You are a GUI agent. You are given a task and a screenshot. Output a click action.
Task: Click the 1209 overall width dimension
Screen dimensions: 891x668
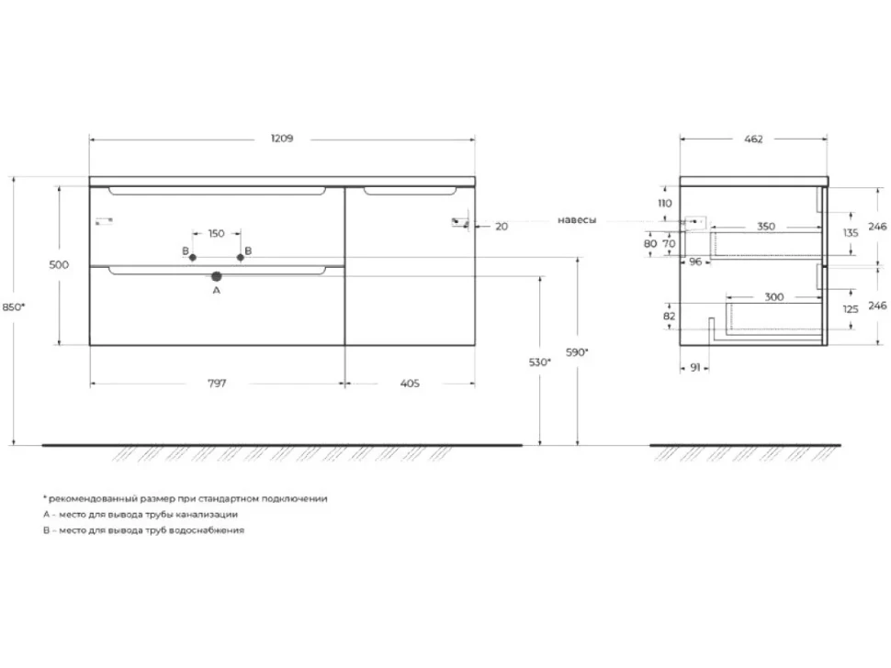tap(282, 139)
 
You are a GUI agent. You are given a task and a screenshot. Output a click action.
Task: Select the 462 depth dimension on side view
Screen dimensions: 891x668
tap(753, 139)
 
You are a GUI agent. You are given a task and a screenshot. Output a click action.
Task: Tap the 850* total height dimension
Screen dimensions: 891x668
tap(14, 307)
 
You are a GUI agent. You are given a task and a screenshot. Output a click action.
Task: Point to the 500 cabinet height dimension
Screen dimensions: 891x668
tap(59, 264)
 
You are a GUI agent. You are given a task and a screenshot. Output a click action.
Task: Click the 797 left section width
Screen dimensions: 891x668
tap(217, 384)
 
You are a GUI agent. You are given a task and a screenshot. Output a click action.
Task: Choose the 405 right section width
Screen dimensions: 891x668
tap(410, 384)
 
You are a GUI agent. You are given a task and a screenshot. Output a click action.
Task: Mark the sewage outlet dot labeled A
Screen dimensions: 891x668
tap(217, 276)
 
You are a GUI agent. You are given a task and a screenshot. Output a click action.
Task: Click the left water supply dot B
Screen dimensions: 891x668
tap(193, 258)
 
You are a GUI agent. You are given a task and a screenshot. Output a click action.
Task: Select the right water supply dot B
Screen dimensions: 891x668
tap(241, 258)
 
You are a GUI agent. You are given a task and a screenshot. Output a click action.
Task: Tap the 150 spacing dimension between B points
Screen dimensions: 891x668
tap(217, 233)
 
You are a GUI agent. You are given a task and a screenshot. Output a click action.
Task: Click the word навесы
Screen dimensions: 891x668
tap(577, 219)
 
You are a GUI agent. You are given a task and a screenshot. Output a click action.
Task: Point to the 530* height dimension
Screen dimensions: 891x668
tap(540, 362)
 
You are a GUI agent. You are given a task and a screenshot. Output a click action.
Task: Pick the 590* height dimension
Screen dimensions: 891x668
tap(578, 352)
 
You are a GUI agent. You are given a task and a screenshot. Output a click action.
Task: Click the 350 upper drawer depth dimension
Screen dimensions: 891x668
tap(766, 227)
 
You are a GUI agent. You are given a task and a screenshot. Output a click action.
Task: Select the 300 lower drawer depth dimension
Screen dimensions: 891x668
tap(774, 296)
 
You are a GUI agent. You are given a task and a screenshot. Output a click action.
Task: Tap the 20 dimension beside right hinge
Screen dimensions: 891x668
tap(502, 227)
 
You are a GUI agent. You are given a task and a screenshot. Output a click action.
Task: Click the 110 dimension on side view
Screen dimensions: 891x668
tap(664, 203)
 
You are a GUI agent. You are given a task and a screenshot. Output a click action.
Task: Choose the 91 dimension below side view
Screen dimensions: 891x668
tap(695, 368)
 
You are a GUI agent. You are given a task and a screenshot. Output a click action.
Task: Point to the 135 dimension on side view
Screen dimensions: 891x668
tap(851, 233)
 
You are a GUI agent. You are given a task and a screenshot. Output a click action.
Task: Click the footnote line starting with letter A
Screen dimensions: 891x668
tap(141, 514)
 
